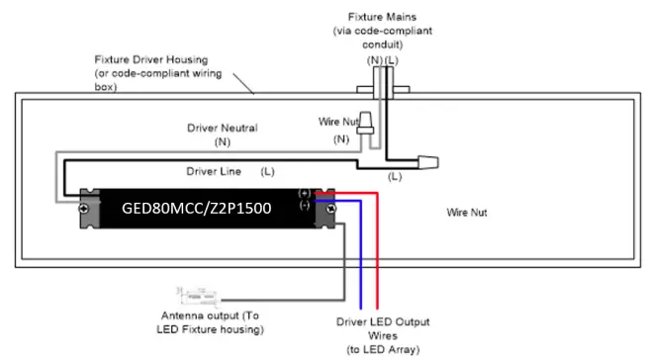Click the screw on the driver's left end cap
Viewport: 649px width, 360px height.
coord(86,209)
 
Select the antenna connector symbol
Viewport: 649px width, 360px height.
coord(203,295)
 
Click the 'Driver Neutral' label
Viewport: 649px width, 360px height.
coord(222,129)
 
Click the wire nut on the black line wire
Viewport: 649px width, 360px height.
coord(427,159)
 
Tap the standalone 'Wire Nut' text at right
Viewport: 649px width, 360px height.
coord(469,212)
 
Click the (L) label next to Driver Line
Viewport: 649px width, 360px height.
coord(267,171)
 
